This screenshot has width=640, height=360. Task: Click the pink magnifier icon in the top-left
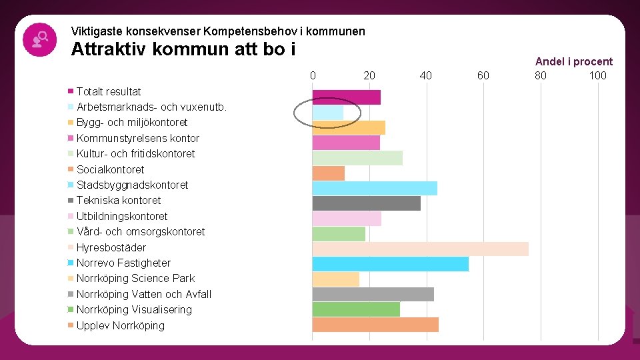pyautogui.click(x=39, y=39)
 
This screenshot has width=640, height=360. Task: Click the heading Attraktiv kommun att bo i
pyautogui.click(x=183, y=49)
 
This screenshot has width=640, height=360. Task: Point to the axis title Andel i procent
pyautogui.click(x=573, y=61)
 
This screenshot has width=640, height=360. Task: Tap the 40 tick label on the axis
pyautogui.click(x=426, y=75)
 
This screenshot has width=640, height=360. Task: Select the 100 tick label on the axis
pyautogui.click(x=597, y=75)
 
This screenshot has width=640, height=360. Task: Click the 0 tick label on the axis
pyautogui.click(x=313, y=75)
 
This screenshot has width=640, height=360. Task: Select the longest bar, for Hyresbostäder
pyautogui.click(x=420, y=248)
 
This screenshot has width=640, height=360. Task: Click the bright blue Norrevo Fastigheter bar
pyautogui.click(x=390, y=263)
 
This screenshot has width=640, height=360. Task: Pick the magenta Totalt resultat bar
pyautogui.click(x=346, y=97)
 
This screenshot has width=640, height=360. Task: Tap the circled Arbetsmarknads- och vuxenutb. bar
pyautogui.click(x=328, y=113)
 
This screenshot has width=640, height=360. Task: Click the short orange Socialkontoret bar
pyautogui.click(x=328, y=173)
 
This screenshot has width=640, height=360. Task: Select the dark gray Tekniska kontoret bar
pyautogui.click(x=366, y=203)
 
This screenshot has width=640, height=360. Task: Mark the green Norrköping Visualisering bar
pyautogui.click(x=356, y=309)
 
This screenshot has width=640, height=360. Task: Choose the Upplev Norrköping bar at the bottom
pyautogui.click(x=375, y=325)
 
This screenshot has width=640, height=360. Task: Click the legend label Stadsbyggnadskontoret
pyautogui.click(x=132, y=185)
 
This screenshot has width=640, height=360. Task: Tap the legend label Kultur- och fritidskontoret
pyautogui.click(x=135, y=153)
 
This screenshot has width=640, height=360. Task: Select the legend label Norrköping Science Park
pyautogui.click(x=135, y=278)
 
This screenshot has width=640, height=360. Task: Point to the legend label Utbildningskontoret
pyautogui.click(x=122, y=216)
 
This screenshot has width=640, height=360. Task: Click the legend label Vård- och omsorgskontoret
pyautogui.click(x=141, y=231)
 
